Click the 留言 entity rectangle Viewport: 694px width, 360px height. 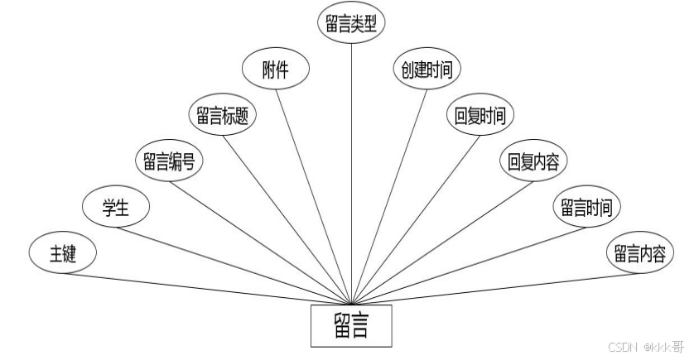(351, 326)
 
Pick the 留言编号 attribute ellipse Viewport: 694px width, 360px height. (168, 161)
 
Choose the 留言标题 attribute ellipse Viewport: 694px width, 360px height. (223, 116)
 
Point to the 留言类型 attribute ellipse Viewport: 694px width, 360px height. (351, 22)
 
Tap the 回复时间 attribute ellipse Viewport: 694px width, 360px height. (480, 116)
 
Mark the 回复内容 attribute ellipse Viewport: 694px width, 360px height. (533, 161)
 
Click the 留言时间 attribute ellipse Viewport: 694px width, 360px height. (586, 207)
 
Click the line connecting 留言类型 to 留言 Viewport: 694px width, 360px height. (351, 166)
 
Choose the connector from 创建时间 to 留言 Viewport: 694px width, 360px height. (385, 199)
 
